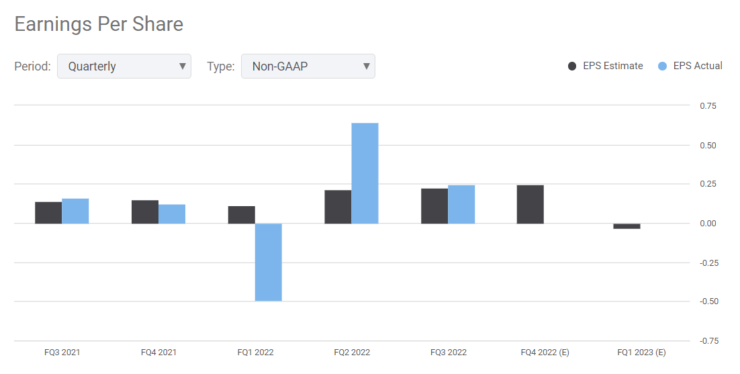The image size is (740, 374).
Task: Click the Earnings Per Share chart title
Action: coord(99,25)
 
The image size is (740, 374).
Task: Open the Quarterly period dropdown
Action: coord(124,66)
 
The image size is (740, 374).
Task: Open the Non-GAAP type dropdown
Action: coord(308,66)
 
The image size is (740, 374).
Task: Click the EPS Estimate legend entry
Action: coord(605,66)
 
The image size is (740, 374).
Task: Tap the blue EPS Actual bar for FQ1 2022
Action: coord(269,262)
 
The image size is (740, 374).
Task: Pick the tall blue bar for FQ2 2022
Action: coord(365,173)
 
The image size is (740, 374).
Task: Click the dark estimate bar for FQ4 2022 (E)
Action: coord(530,204)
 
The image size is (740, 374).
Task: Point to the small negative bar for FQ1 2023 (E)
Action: coord(627,226)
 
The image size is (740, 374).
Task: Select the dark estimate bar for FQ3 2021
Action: coord(48,212)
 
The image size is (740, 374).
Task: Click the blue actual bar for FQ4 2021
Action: coord(172,214)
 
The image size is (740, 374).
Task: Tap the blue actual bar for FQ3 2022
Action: coord(461,204)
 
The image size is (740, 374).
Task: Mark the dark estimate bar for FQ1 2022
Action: coord(242,215)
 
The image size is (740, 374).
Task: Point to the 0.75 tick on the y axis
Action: coord(708,106)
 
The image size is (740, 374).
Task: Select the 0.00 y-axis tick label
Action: coord(708,224)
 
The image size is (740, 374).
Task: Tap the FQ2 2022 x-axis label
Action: coord(352,353)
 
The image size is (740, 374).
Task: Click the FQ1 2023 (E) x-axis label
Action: coord(641,353)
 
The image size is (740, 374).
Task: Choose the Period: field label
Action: coord(33,66)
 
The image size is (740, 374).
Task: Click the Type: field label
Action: coord(220,66)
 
